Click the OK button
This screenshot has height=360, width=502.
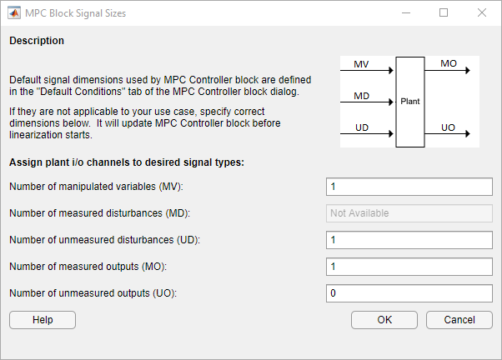pos(384,320)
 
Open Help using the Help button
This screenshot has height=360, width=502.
pos(43,320)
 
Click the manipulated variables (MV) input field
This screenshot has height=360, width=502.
pos(409,187)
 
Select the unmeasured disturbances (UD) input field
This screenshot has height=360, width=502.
pos(409,240)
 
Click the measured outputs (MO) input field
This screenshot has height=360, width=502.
pos(409,267)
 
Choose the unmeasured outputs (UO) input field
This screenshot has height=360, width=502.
pos(409,293)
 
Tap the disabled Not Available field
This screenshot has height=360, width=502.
pos(409,213)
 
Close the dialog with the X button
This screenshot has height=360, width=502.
pos(482,12)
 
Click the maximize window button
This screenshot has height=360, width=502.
pos(444,12)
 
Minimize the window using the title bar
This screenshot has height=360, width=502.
pos(406,13)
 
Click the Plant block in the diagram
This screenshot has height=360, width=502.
pos(410,102)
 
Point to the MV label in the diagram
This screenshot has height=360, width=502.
pos(361,64)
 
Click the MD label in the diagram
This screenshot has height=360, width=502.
pos(361,96)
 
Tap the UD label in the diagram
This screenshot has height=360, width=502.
pos(362,127)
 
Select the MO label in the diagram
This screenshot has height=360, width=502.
pos(449,63)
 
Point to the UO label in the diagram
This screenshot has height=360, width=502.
pos(448,127)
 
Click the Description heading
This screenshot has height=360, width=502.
pos(37,41)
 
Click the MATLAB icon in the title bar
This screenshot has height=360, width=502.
pos(14,13)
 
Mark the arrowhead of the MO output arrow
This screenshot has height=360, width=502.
pos(468,70)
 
